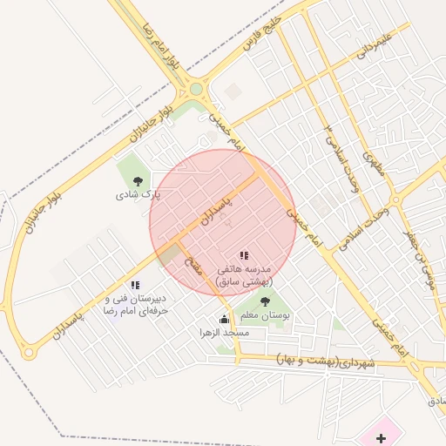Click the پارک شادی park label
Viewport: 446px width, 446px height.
pos(133,195)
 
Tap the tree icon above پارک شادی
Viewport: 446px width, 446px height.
pos(137,181)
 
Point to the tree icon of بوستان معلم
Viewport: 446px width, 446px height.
pos(265,301)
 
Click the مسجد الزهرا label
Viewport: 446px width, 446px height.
pos(224,333)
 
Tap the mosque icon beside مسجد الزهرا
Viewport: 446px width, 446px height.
pos(224,319)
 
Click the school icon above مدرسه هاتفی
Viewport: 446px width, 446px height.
pos(245,256)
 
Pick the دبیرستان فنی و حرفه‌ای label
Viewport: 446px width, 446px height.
pos(135,303)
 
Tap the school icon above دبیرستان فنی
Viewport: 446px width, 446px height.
pos(134,284)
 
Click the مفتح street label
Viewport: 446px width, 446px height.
pos(193,264)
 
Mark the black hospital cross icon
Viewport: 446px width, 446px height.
pos(380,437)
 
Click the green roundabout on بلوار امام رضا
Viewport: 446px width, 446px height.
pos(196,88)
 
